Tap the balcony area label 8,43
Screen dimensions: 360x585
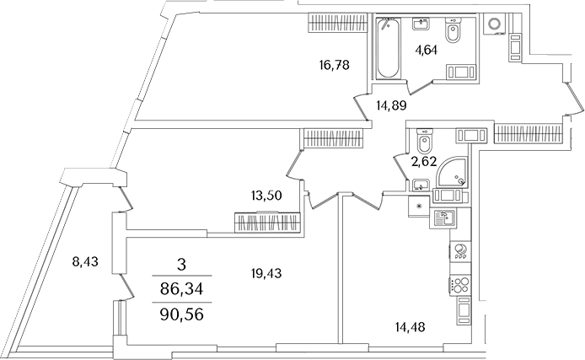(85, 261)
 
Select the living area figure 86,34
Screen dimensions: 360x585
(181, 290)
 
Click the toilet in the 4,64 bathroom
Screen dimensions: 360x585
(452, 35)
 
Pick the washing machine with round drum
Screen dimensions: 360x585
(493, 24)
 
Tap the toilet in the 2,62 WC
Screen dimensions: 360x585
(423, 137)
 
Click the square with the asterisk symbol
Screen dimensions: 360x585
(418, 205)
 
